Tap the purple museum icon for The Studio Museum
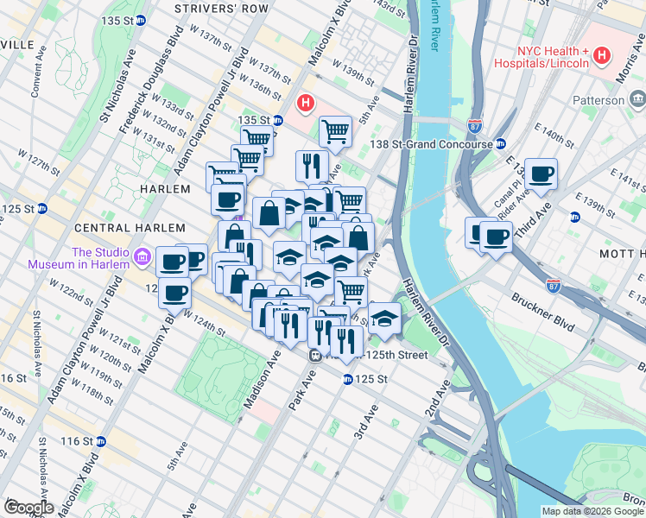[x=143, y=258]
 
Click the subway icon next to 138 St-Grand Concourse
[x=500, y=145]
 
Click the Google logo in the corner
[x=28, y=508]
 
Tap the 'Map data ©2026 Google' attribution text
[x=592, y=511]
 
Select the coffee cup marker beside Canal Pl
[x=541, y=174]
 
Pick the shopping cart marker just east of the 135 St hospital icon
[x=334, y=132]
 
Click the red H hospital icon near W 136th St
[x=304, y=104]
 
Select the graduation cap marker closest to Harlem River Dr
[x=383, y=318]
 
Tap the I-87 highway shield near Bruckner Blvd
[x=554, y=283]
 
